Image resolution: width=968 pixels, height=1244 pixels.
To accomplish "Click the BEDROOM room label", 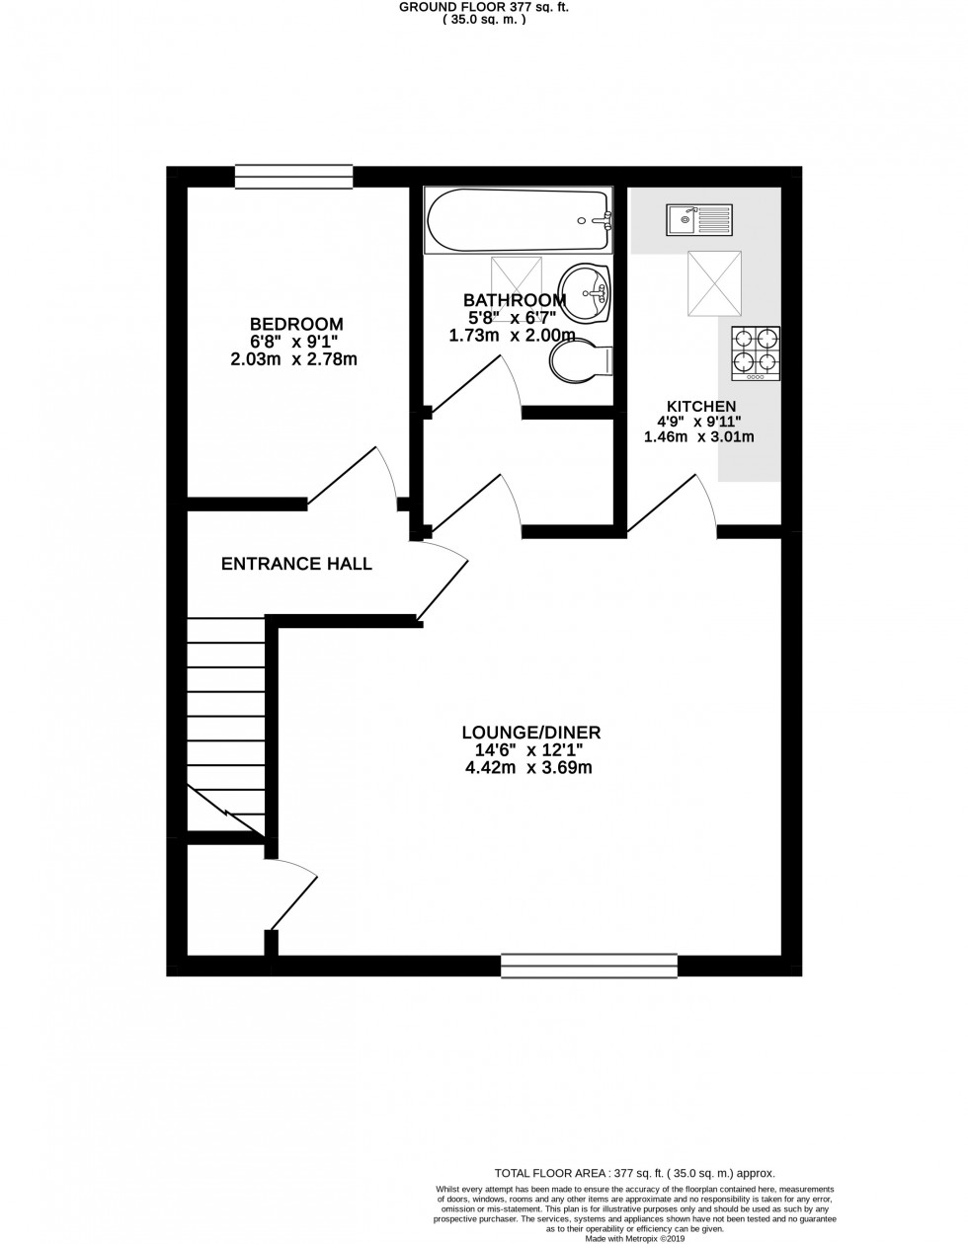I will (x=296, y=324).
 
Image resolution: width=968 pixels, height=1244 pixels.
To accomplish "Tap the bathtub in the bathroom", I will (x=518, y=221).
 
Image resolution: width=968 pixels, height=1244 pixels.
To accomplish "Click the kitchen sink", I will (x=698, y=219).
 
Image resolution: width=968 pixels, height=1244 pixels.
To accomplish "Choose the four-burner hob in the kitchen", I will (x=756, y=353).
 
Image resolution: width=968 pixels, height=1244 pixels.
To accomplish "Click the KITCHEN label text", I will (x=701, y=406).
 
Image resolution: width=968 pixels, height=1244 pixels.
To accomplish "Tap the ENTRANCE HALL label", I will (x=296, y=565).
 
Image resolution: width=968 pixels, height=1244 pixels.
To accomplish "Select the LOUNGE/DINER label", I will (x=531, y=733).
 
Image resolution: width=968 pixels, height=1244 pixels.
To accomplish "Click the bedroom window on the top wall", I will (x=293, y=176).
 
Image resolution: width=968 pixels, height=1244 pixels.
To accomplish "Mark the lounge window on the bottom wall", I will (x=590, y=965).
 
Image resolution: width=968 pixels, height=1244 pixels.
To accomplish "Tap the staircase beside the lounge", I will (x=226, y=726).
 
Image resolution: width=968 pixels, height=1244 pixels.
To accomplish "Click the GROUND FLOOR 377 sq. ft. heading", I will (x=484, y=7).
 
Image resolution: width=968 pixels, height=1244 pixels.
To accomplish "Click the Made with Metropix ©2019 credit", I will (x=635, y=1238).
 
